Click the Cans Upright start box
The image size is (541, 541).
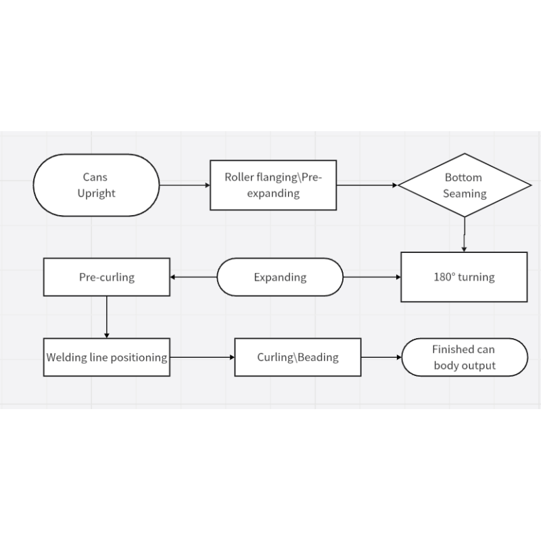pos(96,185)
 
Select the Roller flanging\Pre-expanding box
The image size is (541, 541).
pos(273,185)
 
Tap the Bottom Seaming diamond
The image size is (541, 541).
pos(465,185)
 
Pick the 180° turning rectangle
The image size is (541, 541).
pos(464,277)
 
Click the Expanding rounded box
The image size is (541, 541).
pos(280,277)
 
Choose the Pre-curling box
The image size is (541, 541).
pos(107,277)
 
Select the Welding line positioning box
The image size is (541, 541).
pos(107,357)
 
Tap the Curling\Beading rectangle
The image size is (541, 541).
pos(298,357)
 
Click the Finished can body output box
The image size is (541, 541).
pos(465,357)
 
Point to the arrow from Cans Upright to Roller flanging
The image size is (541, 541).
pos(185,185)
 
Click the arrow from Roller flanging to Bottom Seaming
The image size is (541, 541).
pos(367,185)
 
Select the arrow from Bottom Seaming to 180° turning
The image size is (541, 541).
pos(465,235)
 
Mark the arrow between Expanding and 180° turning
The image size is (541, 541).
pos(372,277)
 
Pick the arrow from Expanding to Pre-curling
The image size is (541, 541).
pos(193,277)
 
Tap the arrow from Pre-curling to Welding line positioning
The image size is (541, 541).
pos(107,317)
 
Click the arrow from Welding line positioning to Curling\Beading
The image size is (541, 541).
pos(202,357)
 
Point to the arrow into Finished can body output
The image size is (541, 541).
pos(381,357)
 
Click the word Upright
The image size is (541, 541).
pos(96,193)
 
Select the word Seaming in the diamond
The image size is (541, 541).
pos(465,193)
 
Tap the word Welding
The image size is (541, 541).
pos(66,357)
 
